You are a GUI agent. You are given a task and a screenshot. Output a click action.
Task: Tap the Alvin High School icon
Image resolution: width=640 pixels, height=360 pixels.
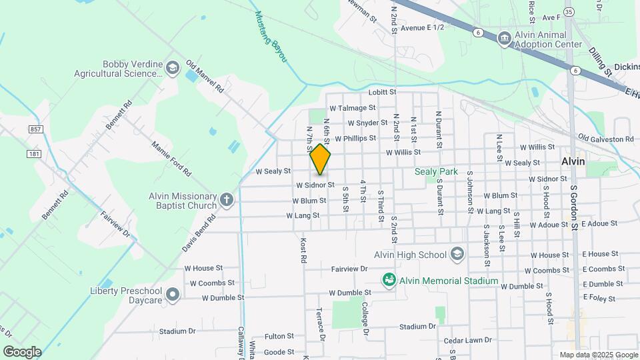pos(457,254)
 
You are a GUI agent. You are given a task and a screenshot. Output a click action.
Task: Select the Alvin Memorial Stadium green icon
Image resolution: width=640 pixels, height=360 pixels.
pos(389,280)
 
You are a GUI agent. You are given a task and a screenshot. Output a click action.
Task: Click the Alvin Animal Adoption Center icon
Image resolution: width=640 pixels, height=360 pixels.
pos(505,39)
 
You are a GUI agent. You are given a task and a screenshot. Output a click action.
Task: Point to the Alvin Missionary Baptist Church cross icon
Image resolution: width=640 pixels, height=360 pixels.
pos(227,199)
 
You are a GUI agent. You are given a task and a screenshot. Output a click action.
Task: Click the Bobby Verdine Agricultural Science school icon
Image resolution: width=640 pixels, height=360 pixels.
pos(173,67)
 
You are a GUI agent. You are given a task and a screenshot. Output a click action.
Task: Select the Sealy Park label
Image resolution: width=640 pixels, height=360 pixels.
pos(436,171)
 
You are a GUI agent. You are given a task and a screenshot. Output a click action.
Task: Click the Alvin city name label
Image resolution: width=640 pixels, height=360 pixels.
pos(573,161)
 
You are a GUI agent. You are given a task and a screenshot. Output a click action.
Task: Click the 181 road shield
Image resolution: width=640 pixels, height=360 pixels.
pos(34,154)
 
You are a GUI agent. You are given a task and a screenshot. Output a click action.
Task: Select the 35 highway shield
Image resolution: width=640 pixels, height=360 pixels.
pos(569,11)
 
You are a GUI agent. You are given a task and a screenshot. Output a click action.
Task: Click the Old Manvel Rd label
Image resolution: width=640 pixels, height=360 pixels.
pos(205,77)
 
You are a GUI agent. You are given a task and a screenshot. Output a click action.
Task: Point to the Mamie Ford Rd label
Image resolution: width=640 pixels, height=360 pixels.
pos(171,158)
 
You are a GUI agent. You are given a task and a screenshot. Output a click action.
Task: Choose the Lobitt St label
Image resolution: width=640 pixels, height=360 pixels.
pos(382,92)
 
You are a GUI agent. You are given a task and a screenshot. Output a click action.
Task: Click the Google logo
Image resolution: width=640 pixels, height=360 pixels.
pos(21,351)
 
